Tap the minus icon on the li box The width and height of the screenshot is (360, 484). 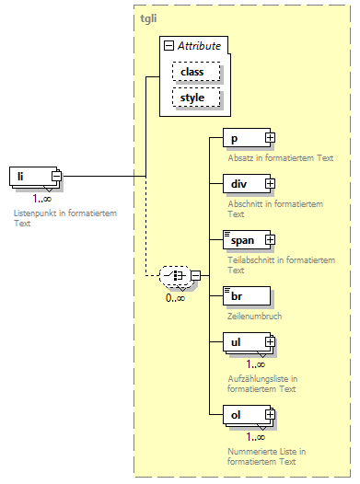tap(56, 176)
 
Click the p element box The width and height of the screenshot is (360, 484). tap(243, 138)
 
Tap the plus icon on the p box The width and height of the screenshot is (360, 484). tap(270, 138)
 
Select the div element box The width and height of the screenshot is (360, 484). tap(243, 184)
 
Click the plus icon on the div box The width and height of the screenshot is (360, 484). tap(270, 184)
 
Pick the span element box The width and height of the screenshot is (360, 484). tap(243, 239)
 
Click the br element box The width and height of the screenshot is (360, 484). tap(246, 295)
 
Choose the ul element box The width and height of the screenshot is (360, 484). tap(243, 342)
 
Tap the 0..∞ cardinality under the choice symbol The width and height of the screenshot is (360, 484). tap(175, 297)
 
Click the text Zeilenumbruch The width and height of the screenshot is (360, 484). tap(255, 316)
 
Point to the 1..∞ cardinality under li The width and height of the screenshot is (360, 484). tap(41, 198)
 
